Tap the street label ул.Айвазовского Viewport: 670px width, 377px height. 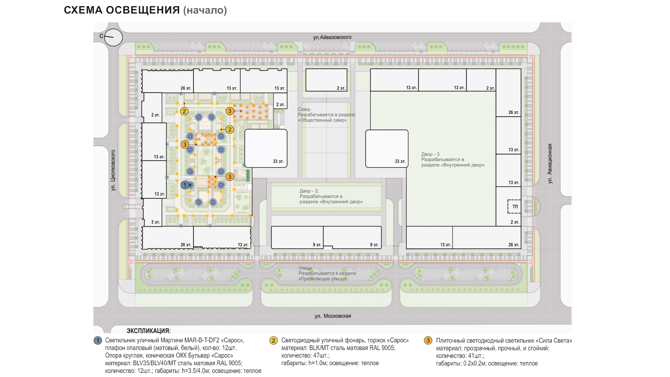332,37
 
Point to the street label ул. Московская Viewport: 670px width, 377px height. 333,316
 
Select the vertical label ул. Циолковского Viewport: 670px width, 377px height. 113,170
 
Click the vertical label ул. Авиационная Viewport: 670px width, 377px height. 549,164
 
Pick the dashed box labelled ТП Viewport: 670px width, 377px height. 514,207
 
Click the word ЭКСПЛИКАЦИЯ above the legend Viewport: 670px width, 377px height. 148,331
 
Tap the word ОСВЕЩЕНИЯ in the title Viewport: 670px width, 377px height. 143,10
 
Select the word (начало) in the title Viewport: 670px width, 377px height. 205,10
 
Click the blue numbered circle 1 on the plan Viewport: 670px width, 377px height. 185,185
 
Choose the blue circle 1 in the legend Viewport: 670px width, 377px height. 98,340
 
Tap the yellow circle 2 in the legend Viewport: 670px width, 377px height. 273,340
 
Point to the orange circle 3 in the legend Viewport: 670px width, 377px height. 428,340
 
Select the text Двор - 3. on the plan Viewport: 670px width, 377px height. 431,154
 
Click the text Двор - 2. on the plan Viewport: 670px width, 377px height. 309,191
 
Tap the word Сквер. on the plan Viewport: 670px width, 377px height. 304,109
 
